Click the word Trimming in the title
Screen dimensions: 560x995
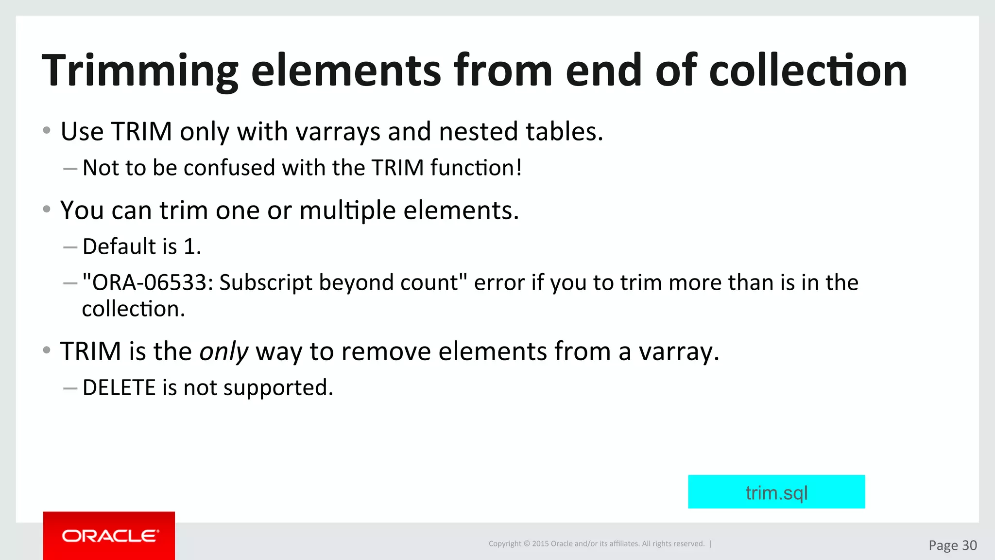pyautogui.click(x=140, y=71)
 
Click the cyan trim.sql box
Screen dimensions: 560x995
pyautogui.click(x=776, y=492)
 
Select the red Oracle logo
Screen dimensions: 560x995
pyautogui.click(x=109, y=536)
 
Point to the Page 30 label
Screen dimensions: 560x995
pyautogui.click(x=952, y=545)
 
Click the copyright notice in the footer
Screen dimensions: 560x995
pyautogui.click(x=597, y=543)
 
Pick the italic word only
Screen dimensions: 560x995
pyautogui.click(x=223, y=351)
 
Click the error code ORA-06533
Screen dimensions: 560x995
pyautogui.click(x=150, y=283)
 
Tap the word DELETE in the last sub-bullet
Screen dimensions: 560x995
pyautogui.click(x=119, y=388)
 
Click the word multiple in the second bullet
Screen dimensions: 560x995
pyautogui.click(x=347, y=211)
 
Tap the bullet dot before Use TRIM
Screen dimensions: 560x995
pyautogui.click(x=47, y=130)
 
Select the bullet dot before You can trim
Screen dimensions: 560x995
pyautogui.click(x=47, y=209)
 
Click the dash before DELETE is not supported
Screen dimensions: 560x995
pyautogui.click(x=70, y=388)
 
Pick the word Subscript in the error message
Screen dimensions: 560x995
pyautogui.click(x=266, y=283)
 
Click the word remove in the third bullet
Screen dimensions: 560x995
pyautogui.click(x=386, y=351)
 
